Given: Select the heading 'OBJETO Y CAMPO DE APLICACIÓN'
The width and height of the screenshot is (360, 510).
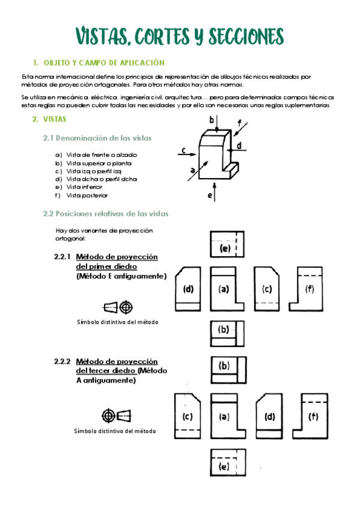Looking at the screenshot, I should [x=104, y=63].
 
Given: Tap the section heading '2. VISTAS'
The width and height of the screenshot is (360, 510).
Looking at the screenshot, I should [x=49, y=119].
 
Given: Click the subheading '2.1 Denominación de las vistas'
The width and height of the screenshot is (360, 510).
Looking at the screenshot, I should [x=97, y=138].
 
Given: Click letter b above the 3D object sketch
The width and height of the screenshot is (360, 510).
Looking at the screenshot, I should [x=212, y=120].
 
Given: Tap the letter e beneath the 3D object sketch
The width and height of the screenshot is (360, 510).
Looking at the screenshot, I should [x=210, y=195].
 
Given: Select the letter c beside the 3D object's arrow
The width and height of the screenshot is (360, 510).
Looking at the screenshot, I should [x=183, y=150].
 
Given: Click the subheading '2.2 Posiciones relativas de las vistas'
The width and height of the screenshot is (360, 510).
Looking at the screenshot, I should [x=106, y=214].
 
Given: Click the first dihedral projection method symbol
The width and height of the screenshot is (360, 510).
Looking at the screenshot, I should [x=117, y=307].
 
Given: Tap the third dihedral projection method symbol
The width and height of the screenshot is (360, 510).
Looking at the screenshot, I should [x=116, y=416].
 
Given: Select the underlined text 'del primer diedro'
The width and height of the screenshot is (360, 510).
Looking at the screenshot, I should [x=106, y=266].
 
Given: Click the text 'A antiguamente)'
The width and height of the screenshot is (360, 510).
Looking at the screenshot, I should [x=106, y=380].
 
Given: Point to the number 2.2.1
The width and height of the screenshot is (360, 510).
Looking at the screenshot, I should [x=63, y=257].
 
